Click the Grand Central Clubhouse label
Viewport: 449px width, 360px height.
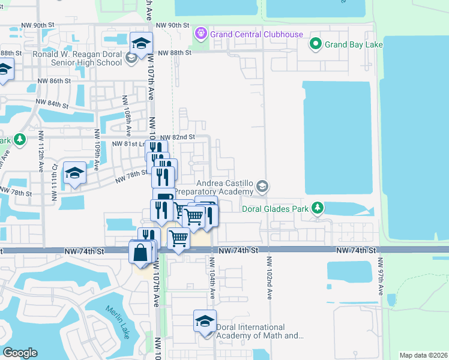click(x=256, y=35)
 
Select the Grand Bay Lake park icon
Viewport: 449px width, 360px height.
click(x=315, y=44)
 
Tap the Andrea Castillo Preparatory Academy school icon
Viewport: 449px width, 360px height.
click(x=262, y=187)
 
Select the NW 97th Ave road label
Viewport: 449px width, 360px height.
click(x=381, y=276)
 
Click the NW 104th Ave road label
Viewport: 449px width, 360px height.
click(x=212, y=275)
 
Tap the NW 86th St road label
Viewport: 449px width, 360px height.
click(x=53, y=80)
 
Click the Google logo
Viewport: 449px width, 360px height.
click(x=20, y=353)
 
